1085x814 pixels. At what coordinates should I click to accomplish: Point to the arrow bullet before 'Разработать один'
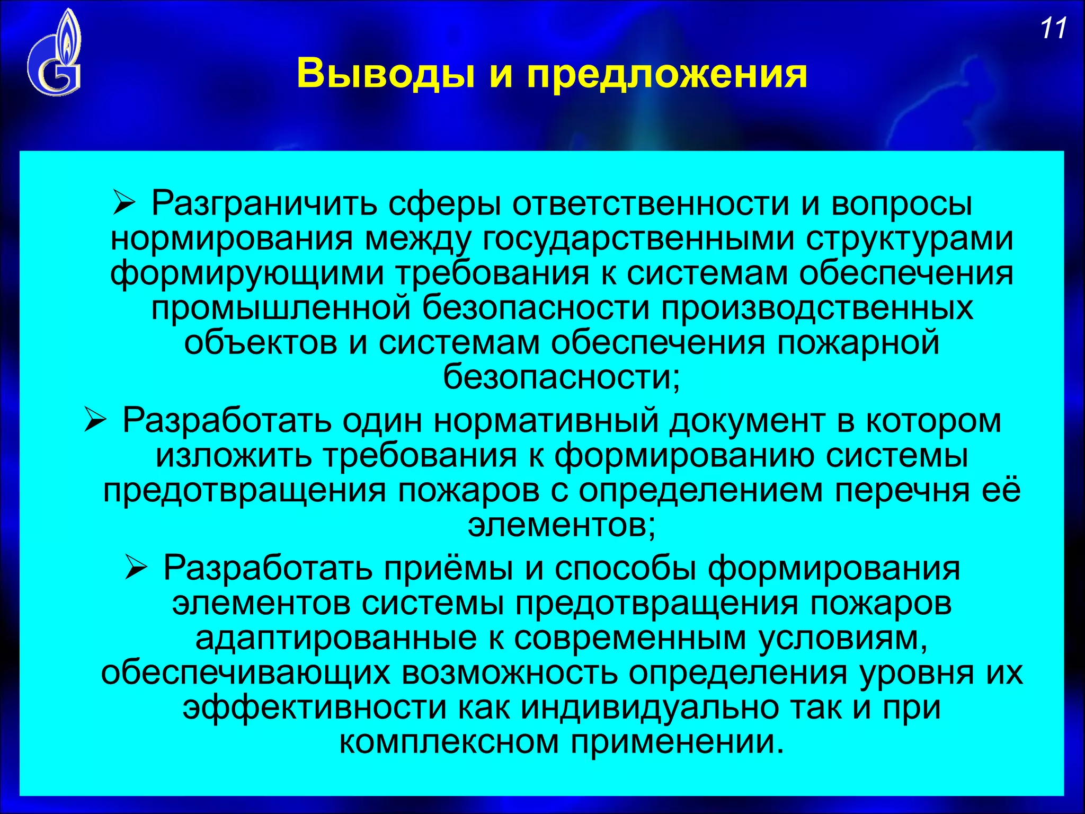tap(96, 422)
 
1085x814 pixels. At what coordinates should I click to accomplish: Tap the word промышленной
tap(281, 309)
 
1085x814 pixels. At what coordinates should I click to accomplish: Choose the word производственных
tap(816, 309)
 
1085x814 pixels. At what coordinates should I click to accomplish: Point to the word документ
tap(747, 421)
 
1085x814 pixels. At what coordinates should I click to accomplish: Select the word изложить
tap(234, 456)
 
